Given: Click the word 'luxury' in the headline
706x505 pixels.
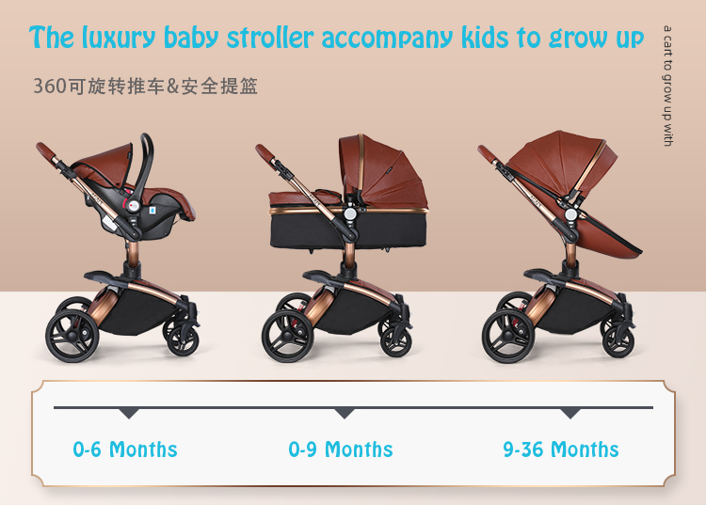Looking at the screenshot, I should [x=120, y=39].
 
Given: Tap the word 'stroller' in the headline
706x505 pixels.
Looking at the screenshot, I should [x=271, y=39].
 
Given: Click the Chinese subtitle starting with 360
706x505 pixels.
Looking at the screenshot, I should [x=145, y=87].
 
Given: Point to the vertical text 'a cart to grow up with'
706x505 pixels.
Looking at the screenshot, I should [x=667, y=86].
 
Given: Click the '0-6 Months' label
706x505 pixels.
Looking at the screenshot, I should [x=125, y=450].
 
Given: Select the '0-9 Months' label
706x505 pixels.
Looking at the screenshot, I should [x=340, y=450].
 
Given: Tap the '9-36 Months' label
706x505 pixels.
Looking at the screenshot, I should [x=561, y=450].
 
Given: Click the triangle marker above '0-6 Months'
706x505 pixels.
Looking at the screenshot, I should [x=129, y=413].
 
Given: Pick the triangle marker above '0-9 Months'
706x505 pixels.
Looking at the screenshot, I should [x=345, y=413].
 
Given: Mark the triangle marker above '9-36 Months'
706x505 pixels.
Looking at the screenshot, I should [x=570, y=413].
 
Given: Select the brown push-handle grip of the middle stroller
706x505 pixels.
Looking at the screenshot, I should [x=266, y=151].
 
